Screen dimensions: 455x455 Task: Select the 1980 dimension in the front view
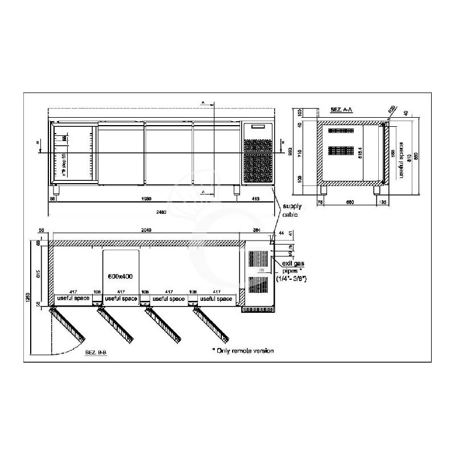(x=145, y=199)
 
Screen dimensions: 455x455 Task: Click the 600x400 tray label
(x=120, y=276)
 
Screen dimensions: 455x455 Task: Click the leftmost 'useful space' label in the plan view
(x=71, y=299)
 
